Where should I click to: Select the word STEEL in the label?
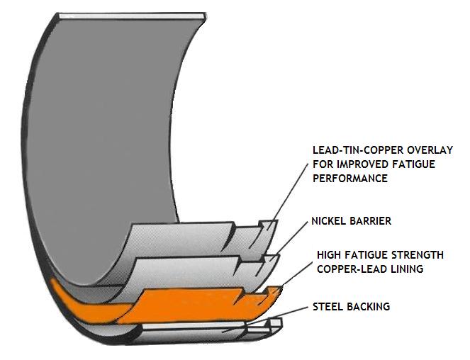tap(328, 307)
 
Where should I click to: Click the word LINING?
tap(407, 269)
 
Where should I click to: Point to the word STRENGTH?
tap(418, 254)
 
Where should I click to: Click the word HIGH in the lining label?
tap(329, 254)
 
